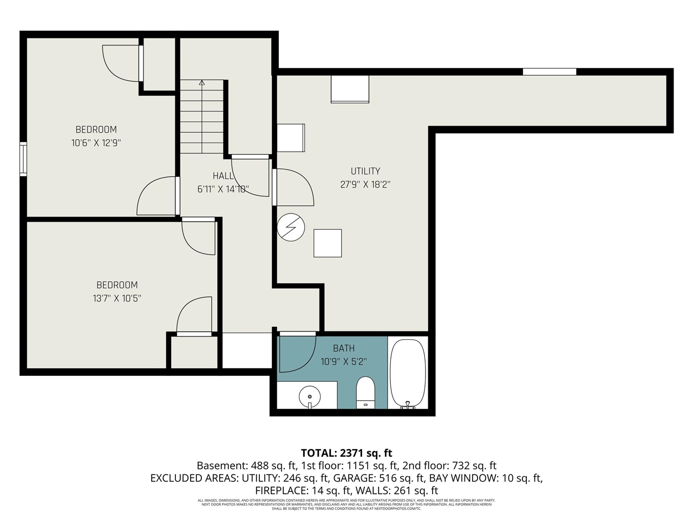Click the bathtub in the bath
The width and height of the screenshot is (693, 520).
408,373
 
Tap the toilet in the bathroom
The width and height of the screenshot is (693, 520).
366,392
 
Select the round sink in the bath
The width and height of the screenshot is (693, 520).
309,397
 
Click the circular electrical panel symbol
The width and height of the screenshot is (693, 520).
291,228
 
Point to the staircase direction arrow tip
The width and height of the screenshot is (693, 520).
202,82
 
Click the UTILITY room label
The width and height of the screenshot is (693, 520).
365,171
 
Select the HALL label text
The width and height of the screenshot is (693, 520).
223,175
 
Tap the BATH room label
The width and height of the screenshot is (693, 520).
344,348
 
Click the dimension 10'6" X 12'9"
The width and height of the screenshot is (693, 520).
96,143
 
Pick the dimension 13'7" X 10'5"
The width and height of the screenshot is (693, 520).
117,298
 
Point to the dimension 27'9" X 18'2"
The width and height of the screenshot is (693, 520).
365,184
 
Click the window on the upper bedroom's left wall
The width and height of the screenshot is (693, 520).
23,159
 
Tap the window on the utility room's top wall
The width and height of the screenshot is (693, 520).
549,71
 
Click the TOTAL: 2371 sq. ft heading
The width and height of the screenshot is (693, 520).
346,453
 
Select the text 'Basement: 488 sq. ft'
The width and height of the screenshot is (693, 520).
246,465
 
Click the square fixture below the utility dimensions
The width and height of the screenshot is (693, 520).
328,243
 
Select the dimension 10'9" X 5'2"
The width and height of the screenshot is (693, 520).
344,361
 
